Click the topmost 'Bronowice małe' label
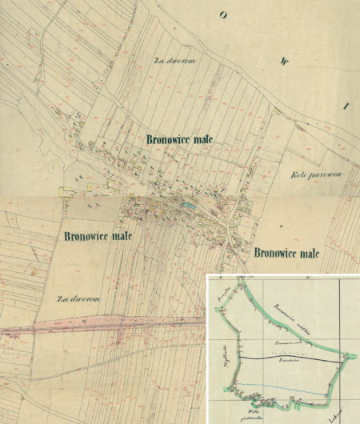[180, 138]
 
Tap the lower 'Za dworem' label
[77, 298]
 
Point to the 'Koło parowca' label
[316, 174]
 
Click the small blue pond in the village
[187, 206]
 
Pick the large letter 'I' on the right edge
[346, 105]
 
